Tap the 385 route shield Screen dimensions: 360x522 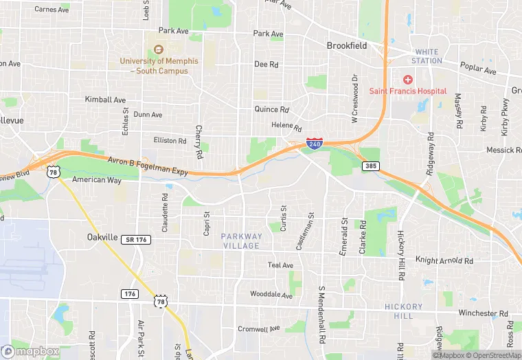(371, 166)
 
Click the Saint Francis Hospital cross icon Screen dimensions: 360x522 (408, 80)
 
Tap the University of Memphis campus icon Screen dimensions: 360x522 (159, 49)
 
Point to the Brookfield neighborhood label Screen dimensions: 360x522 (346, 46)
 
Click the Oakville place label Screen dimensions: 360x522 (104, 237)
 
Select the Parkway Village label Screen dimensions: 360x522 (240, 241)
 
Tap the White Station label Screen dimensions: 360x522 (427, 56)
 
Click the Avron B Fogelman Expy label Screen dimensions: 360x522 (147, 166)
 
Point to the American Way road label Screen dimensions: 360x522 (97, 180)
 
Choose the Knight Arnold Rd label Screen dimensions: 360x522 (444, 261)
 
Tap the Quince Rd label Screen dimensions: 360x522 (271, 109)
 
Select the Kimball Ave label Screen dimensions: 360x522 (105, 100)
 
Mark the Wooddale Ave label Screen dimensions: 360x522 (271, 295)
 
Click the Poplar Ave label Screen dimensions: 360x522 (478, 71)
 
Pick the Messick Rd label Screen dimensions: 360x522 (503, 150)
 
